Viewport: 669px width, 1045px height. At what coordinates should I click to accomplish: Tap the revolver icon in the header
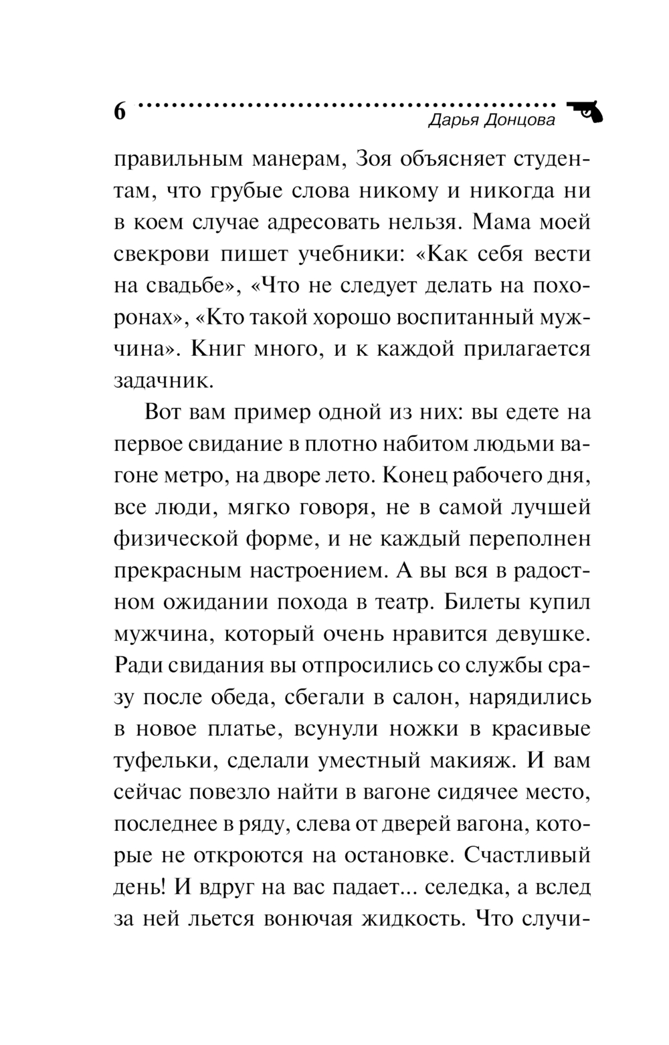[584, 112]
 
